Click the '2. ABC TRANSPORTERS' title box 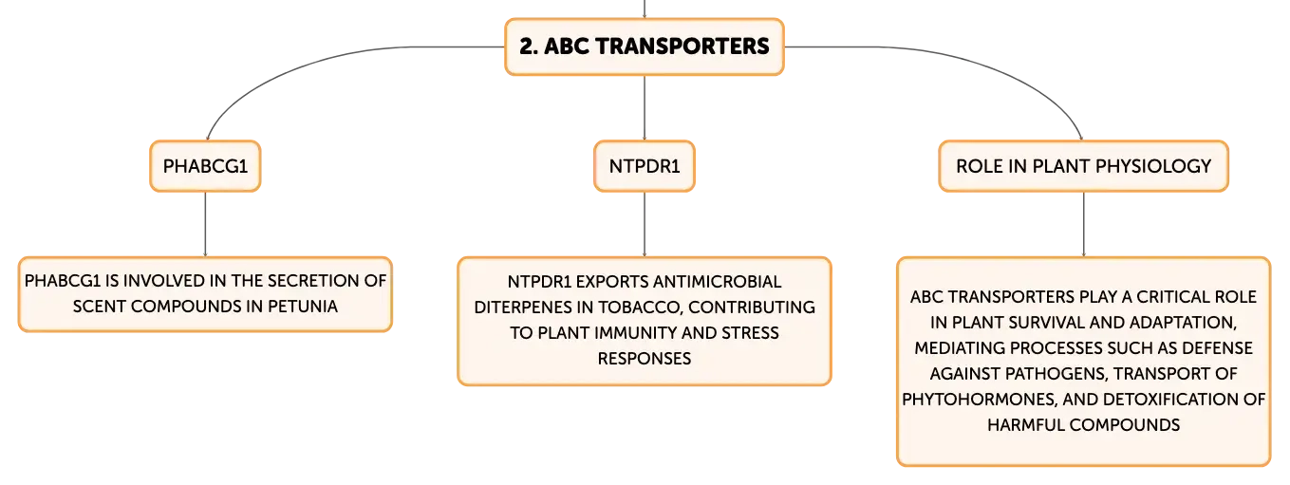pos(645,47)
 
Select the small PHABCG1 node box pos(205,166)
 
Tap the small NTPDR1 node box pos(645,166)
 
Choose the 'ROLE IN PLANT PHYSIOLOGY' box pos(1083,166)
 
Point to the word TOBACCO pos(640,308)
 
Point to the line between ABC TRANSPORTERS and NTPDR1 pos(645,107)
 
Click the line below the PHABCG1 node pos(205,224)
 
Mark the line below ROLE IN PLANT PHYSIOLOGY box pos(1083,224)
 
